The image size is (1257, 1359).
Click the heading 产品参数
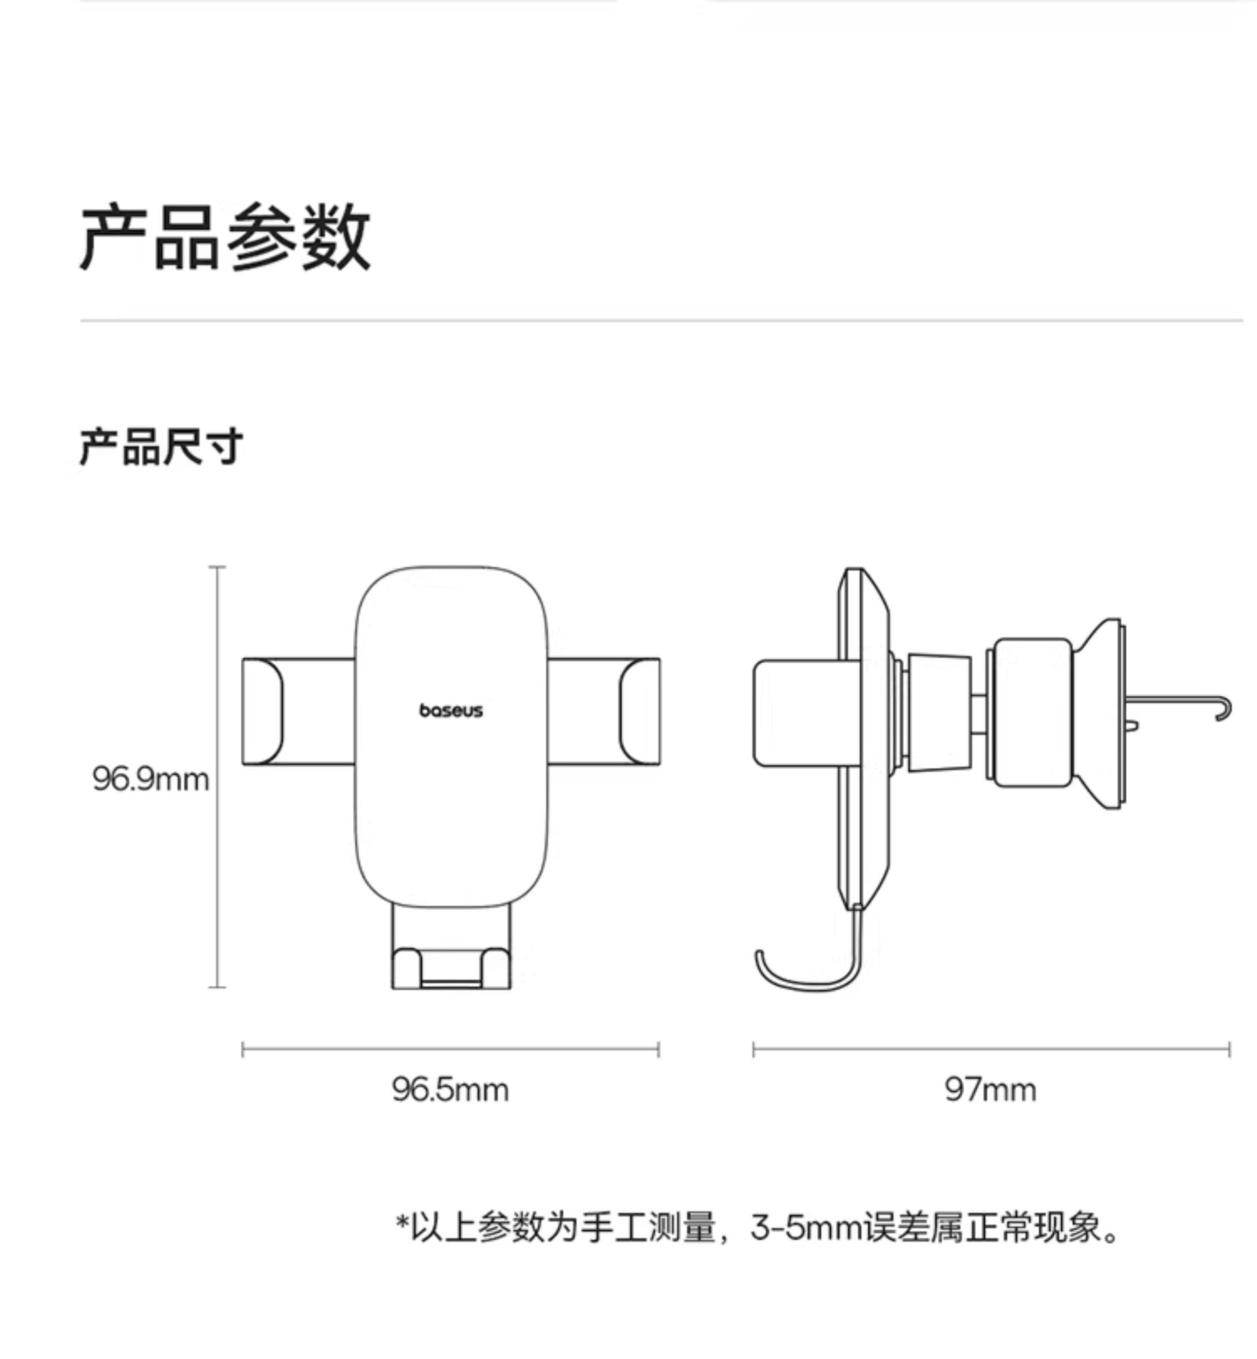tap(225, 237)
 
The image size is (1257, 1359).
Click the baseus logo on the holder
tap(451, 710)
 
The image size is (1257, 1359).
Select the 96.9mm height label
tap(151, 779)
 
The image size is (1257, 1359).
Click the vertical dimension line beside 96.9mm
tap(217, 776)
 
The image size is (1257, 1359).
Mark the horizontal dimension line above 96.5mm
tap(450, 1049)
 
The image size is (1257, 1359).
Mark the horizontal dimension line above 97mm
tap(990, 1049)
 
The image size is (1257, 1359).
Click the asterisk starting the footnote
tap(402, 1223)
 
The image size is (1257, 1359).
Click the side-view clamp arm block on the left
tap(794, 713)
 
